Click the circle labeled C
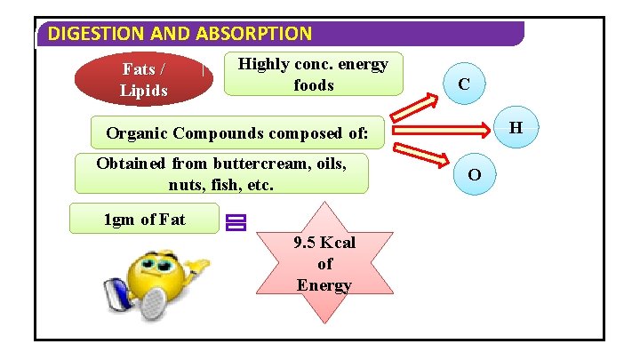tap(464, 84)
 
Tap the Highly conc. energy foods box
tap(314, 75)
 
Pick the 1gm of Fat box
tap(144, 219)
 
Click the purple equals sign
tap(236, 222)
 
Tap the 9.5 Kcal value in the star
tap(324, 243)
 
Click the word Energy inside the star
tap(324, 285)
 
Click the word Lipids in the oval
tap(144, 90)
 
